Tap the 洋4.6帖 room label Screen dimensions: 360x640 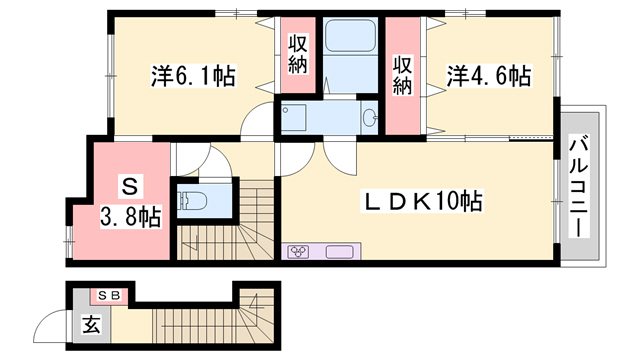pos(488,76)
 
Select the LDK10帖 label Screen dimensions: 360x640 pos(421,202)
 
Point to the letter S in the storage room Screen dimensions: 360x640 pos(128,186)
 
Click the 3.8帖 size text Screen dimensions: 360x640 pos(129,213)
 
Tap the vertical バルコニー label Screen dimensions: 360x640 pos(578,188)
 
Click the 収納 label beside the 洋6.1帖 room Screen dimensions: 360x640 pos(298,58)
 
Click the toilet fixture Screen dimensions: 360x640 pos(193,200)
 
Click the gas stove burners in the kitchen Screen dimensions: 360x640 pos(300,252)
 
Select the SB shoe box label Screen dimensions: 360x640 pos(109,295)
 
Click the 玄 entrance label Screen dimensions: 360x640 pos(90,324)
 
